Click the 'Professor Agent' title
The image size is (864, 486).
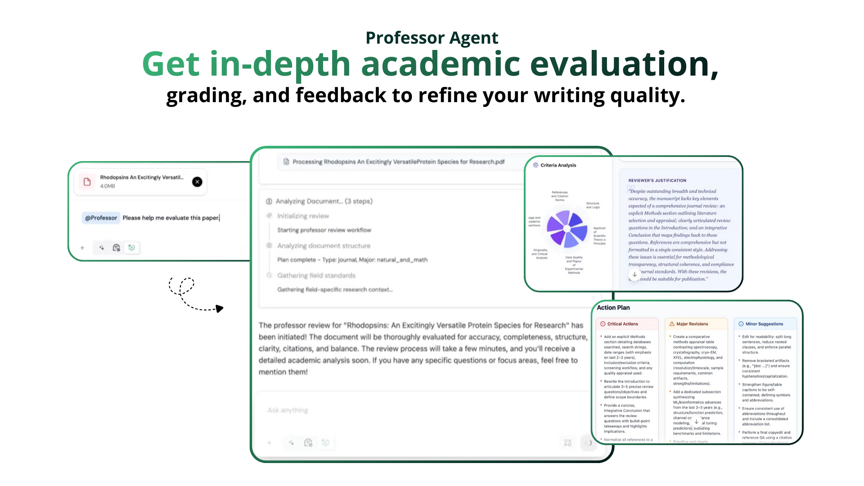click(x=432, y=38)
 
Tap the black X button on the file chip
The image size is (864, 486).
click(x=197, y=182)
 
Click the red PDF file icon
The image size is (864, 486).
click(x=87, y=182)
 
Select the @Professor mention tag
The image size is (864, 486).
click(x=101, y=218)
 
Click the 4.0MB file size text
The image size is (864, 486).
click(x=108, y=186)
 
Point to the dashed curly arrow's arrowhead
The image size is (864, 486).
click(x=220, y=308)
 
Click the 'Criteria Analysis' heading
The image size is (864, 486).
click(x=558, y=165)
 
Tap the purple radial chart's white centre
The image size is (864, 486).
click(x=567, y=229)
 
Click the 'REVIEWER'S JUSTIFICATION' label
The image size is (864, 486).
click(x=657, y=180)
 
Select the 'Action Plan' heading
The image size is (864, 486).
click(x=613, y=307)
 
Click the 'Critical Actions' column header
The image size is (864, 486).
click(x=622, y=324)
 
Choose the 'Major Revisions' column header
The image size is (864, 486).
click(x=692, y=324)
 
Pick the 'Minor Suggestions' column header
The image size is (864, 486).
click(x=764, y=324)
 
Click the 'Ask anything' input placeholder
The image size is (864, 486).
click(x=288, y=410)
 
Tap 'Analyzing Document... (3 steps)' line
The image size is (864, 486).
click(x=324, y=201)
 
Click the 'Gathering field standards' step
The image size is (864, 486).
click(x=316, y=275)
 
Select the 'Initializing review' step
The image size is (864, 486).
click(x=303, y=216)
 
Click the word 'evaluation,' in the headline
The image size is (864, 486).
click(x=624, y=64)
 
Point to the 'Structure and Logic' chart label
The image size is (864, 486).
click(x=593, y=205)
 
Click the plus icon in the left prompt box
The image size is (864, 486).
click(x=82, y=247)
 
